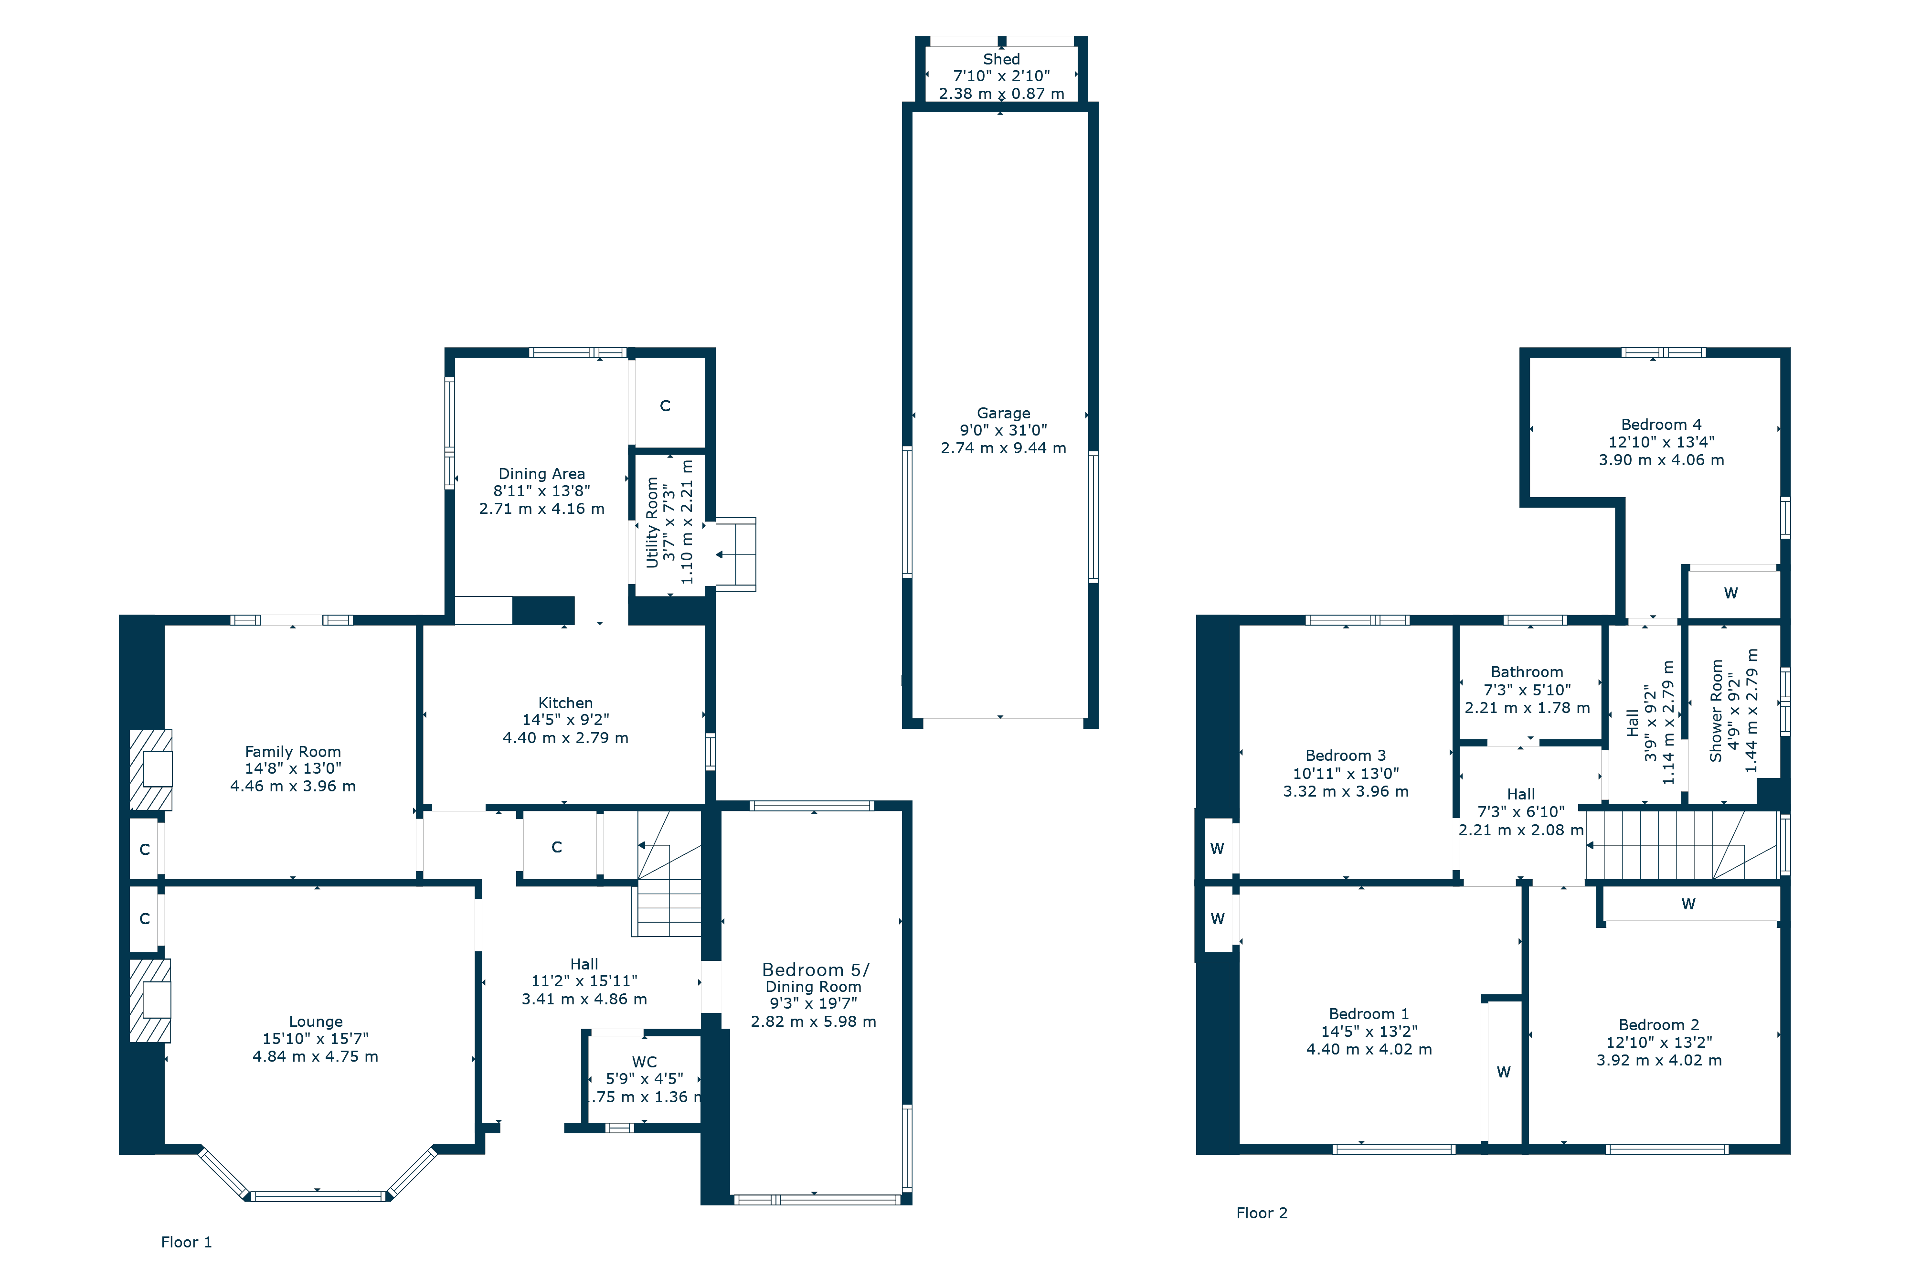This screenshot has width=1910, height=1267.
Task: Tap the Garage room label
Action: tap(1004, 413)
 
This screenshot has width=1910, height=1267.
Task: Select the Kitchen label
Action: tap(565, 703)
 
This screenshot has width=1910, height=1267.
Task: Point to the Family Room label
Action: tap(293, 752)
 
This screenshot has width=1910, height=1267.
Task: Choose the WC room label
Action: tap(644, 1062)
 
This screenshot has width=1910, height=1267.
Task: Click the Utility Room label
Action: tap(652, 523)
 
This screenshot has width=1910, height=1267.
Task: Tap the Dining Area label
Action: tap(541, 473)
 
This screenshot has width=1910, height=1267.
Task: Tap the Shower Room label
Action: tap(1716, 711)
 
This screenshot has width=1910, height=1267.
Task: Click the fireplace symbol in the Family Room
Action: tap(151, 769)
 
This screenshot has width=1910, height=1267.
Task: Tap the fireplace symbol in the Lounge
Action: tap(150, 1001)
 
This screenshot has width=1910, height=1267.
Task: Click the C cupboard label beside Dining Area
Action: tap(665, 405)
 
